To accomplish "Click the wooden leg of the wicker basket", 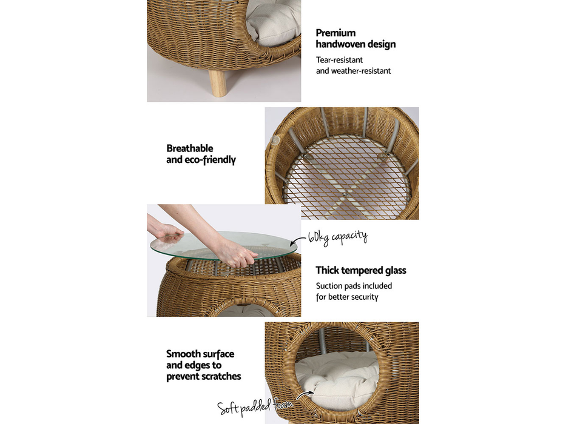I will coord(218,81).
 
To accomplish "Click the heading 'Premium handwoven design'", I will coord(355,38).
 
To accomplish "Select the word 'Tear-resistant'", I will coord(339,60).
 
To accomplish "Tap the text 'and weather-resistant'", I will coord(353,71).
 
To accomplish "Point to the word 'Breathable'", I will coord(190,148).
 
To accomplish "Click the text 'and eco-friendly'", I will coord(201,160).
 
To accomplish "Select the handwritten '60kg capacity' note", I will coord(337,236).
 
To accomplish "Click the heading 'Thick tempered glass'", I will coord(360,270).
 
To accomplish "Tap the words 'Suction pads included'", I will coord(354,286).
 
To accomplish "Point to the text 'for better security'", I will coord(346,297).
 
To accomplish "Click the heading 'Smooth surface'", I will coord(200,354).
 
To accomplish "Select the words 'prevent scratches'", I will coord(203,376).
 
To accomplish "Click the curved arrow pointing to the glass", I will coord(302,242).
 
